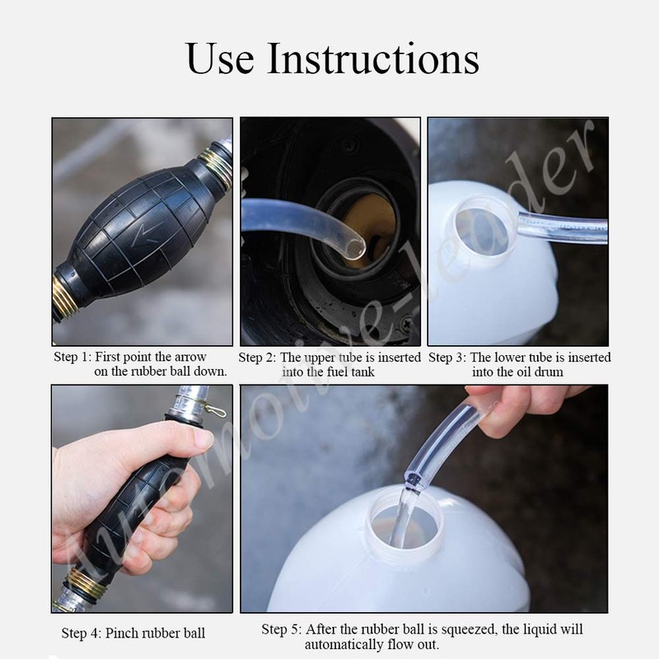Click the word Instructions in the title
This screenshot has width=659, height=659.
pos(373,58)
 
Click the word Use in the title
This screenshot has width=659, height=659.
pos(219,58)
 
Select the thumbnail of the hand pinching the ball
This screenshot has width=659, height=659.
pos(142,498)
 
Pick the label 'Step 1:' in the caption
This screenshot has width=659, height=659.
pos(72,357)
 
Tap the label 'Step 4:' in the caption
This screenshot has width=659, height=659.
pos(81,633)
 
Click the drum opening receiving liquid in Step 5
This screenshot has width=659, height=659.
pos(404,522)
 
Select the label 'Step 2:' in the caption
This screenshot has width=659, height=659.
pos(257,358)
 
